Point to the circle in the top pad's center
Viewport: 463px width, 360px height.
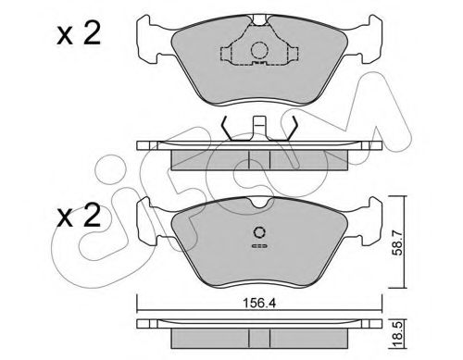(x=260, y=53)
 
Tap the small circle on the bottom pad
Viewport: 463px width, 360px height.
(x=260, y=233)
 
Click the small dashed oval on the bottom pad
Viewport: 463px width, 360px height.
(x=259, y=247)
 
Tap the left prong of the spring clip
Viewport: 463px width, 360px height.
(x=228, y=130)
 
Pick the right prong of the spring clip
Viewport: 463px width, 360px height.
(x=291, y=130)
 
